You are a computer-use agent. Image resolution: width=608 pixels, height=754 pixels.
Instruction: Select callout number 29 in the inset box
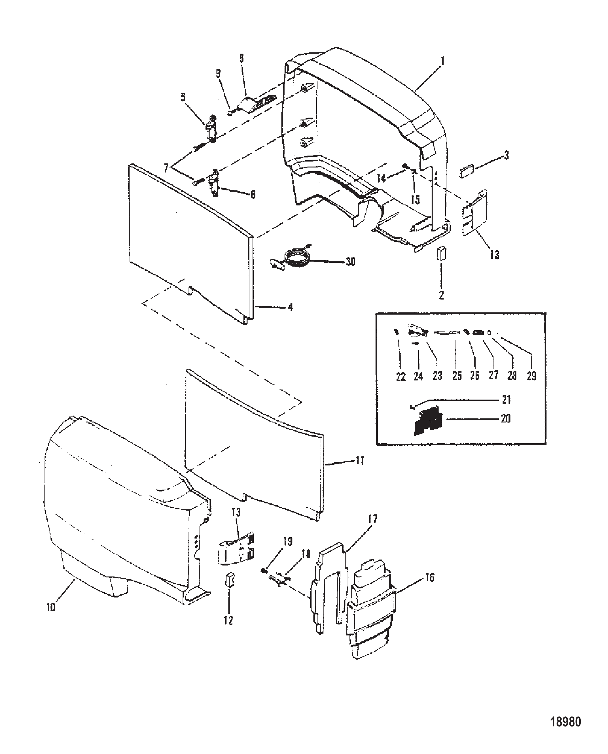(531, 376)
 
